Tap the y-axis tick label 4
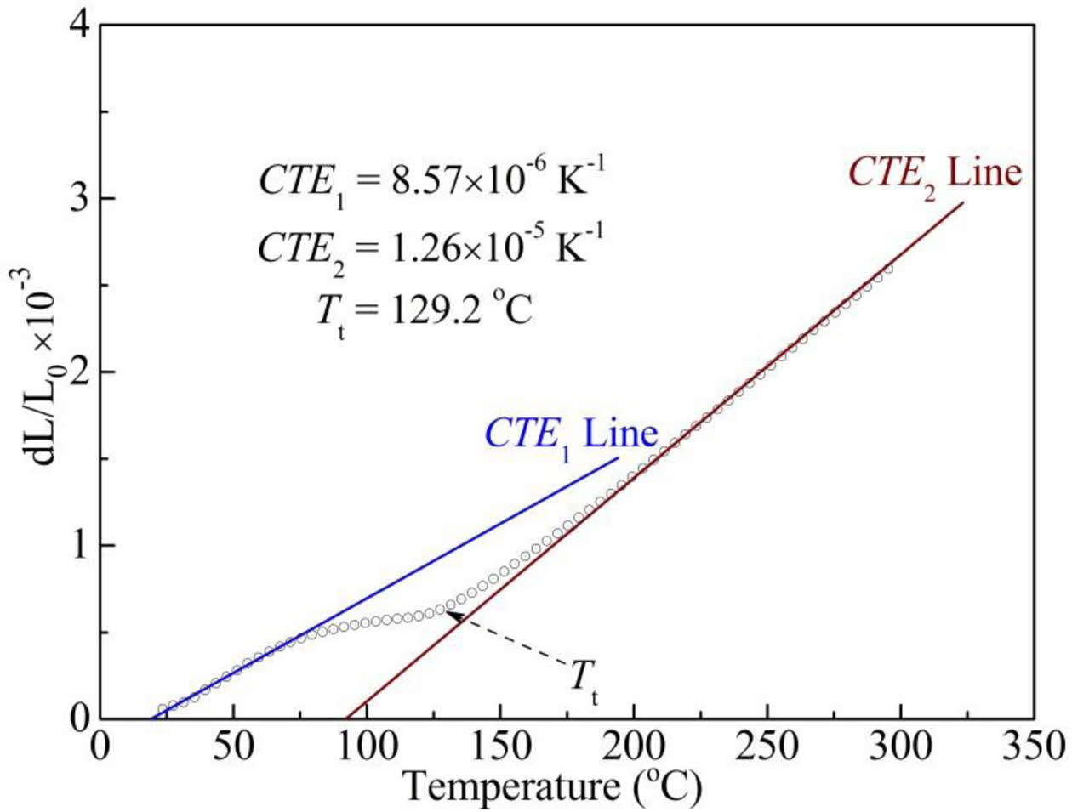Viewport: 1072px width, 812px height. tap(81, 26)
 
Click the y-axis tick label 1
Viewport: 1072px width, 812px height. tap(81, 545)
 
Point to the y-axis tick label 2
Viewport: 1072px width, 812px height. tap(81, 372)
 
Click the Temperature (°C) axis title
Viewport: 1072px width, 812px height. tap(552, 786)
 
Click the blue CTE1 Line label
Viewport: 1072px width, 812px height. tap(571, 434)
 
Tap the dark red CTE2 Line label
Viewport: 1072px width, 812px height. tap(934, 173)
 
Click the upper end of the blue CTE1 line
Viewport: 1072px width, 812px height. tap(618, 458)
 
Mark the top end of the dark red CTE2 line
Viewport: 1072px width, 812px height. tap(963, 202)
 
